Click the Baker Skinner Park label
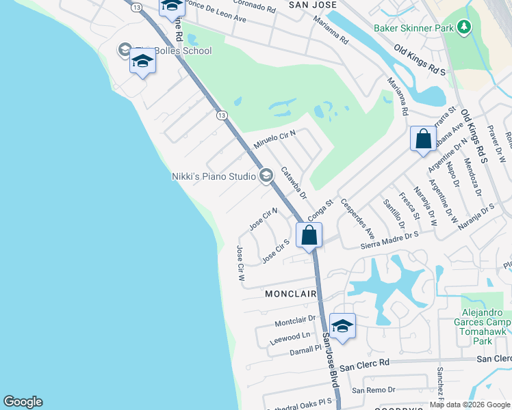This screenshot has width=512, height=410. pos(414,28)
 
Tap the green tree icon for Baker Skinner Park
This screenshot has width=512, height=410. pos(465,27)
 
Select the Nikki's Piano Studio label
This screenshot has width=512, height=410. pos(213,176)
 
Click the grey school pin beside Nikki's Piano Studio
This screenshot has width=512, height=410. pos(266,176)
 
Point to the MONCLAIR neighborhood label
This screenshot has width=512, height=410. pos(291,294)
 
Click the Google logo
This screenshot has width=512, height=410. pos(23,402)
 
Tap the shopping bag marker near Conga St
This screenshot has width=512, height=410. pos(309,236)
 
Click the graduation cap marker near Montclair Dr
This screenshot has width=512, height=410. pos(342,326)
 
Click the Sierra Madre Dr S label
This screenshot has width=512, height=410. pos(389,238)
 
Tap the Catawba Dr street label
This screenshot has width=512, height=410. pos(294,182)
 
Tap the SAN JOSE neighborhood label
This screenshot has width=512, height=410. pos(312,5)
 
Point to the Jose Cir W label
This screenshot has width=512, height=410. pos(240,264)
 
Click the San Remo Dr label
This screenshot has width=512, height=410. pos(373,389)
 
